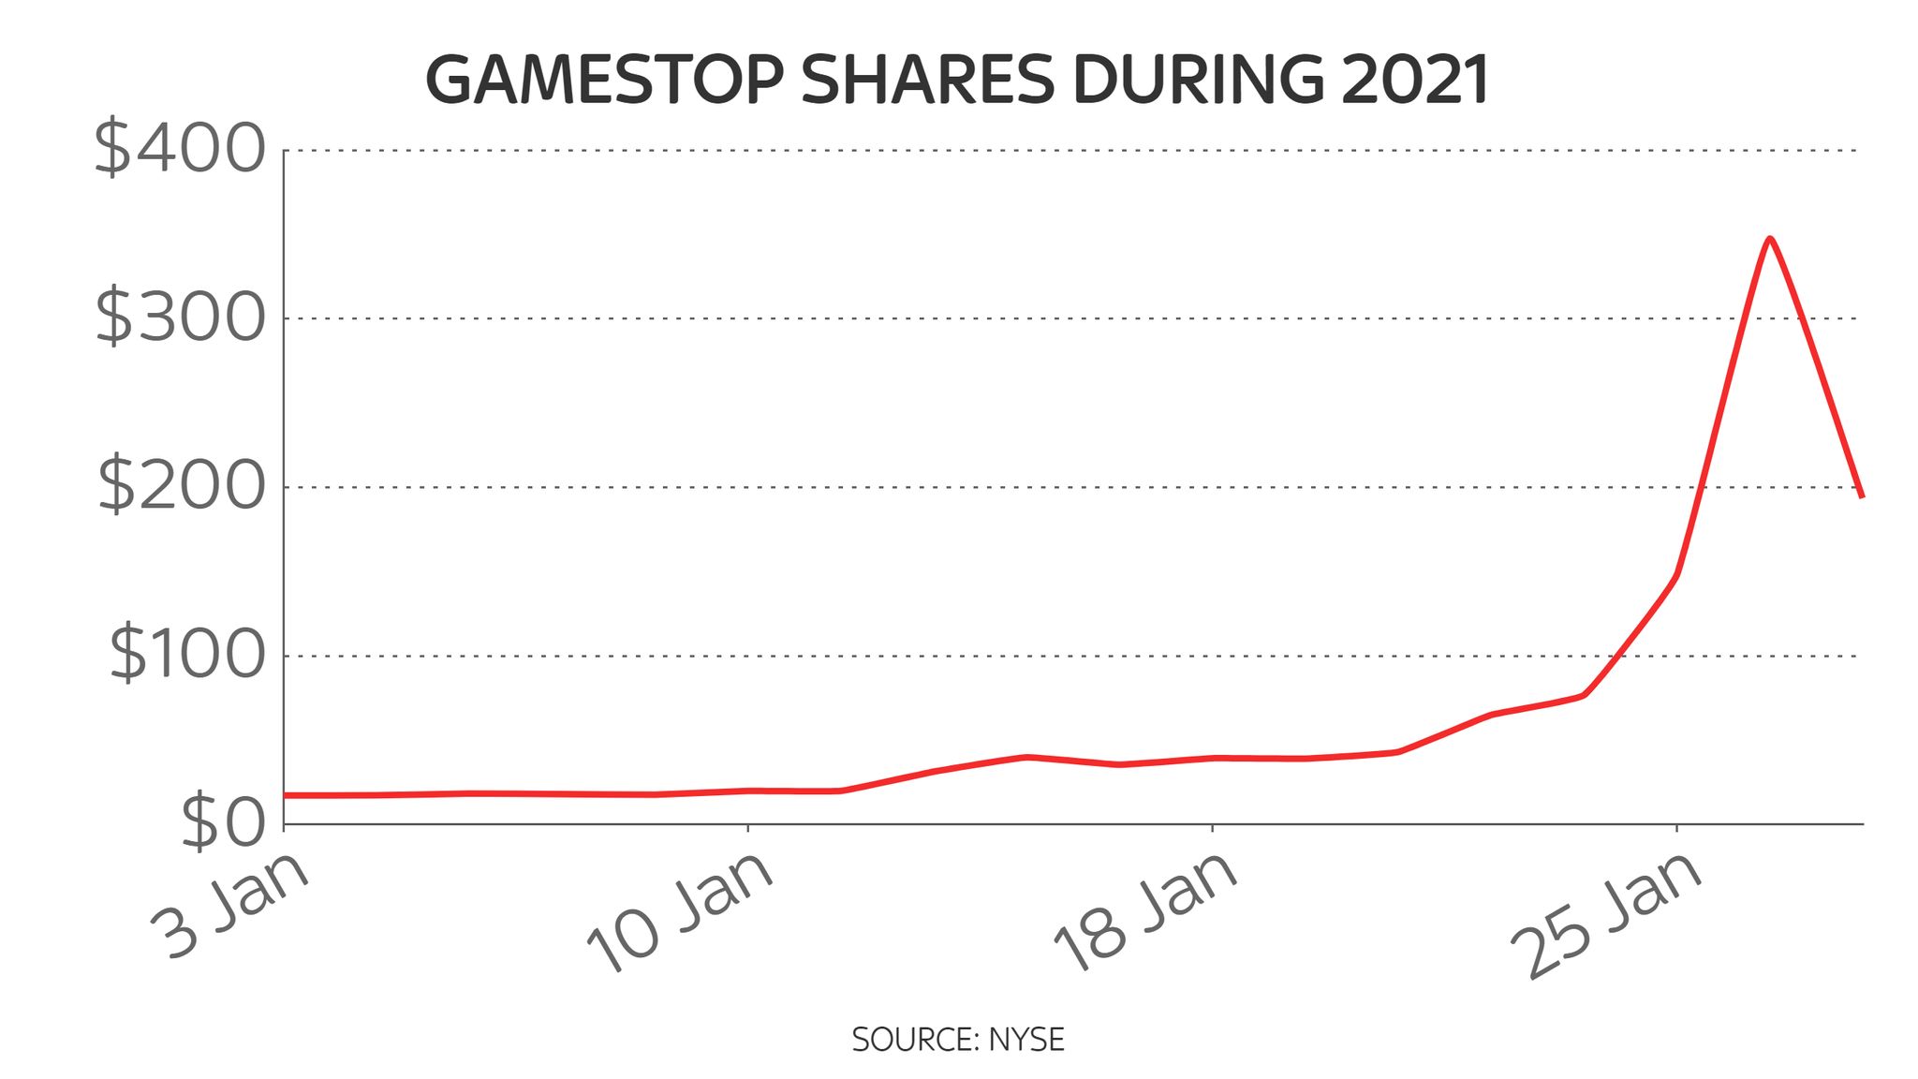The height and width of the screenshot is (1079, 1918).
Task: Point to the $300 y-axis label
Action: pyautogui.click(x=180, y=318)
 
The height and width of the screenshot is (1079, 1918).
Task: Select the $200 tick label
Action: pyautogui.click(x=181, y=487)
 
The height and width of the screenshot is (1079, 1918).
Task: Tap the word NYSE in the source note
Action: pyautogui.click(x=1026, y=1040)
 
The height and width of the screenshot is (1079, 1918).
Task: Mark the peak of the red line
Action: pyautogui.click(x=1769, y=239)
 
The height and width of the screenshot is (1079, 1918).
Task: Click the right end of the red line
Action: pyautogui.click(x=1862, y=496)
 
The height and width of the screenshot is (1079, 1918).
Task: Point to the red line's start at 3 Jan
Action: pyautogui.click(x=285, y=795)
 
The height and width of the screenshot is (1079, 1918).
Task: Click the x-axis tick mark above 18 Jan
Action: pyautogui.click(x=1213, y=829)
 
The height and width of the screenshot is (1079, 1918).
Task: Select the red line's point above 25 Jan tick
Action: pyautogui.click(x=1676, y=575)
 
